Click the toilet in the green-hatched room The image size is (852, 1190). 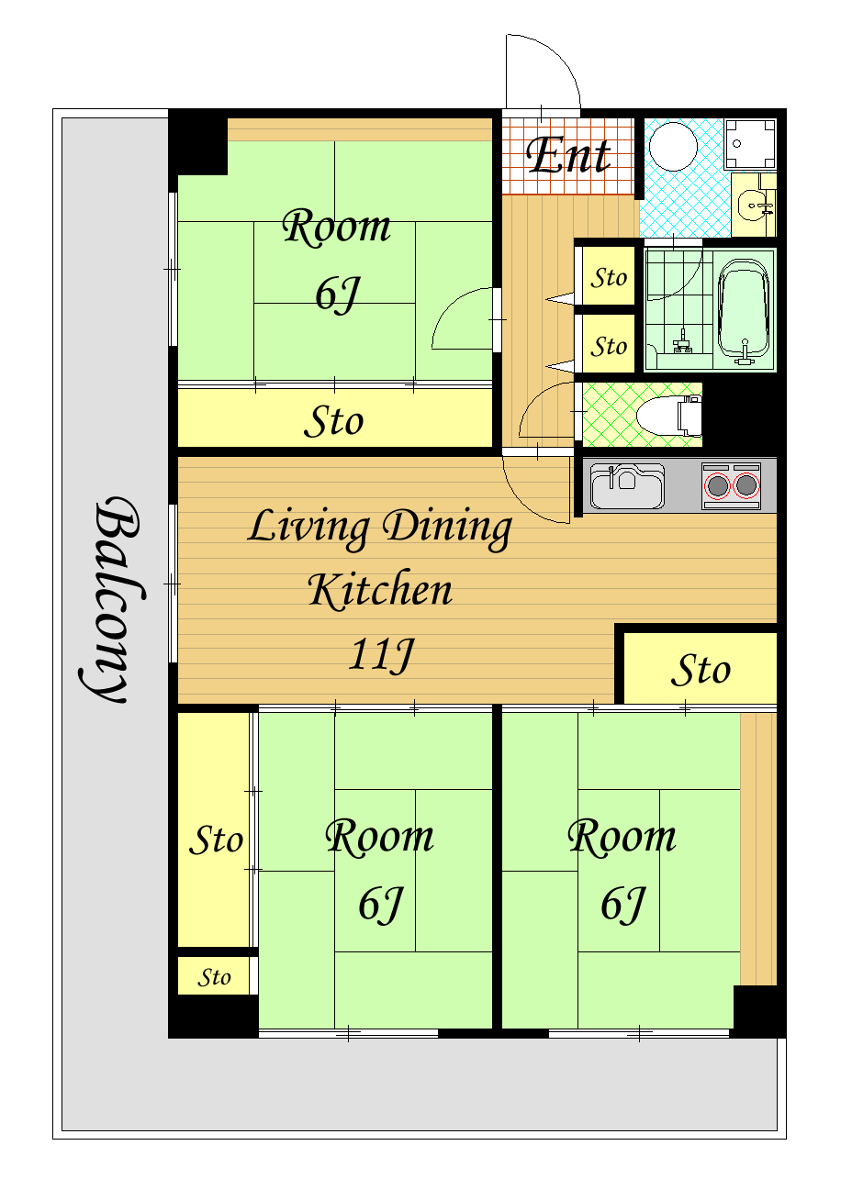click(x=669, y=415)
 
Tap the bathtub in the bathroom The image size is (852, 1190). click(x=744, y=311)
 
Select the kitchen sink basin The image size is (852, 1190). click(x=627, y=486)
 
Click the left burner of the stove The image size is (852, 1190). click(x=718, y=485)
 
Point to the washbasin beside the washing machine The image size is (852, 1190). click(x=754, y=205)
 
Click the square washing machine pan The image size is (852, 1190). click(x=750, y=143)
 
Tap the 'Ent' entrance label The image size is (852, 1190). click(x=568, y=155)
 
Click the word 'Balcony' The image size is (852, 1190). click(x=113, y=600)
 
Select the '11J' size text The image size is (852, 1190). click(x=381, y=655)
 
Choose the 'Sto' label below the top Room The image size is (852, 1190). click(x=334, y=421)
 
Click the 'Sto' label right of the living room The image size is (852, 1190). click(x=701, y=670)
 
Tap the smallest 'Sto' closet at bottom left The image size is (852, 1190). click(x=214, y=977)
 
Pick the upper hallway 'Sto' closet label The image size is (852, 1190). click(x=609, y=278)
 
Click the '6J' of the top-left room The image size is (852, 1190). click(x=338, y=295)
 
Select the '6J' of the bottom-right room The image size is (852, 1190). click(x=622, y=905)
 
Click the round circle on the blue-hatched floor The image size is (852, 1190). click(x=673, y=147)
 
